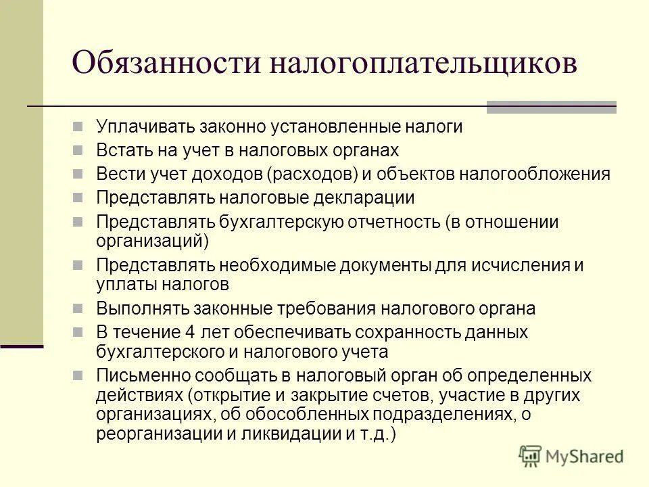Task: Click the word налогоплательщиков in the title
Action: click(425, 66)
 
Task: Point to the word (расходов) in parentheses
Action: click(312, 174)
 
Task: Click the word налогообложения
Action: click(535, 174)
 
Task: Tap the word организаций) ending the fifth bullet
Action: click(153, 239)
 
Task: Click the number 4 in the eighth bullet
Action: click(178, 332)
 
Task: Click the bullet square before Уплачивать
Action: click(78, 126)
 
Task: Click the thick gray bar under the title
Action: click(552, 107)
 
